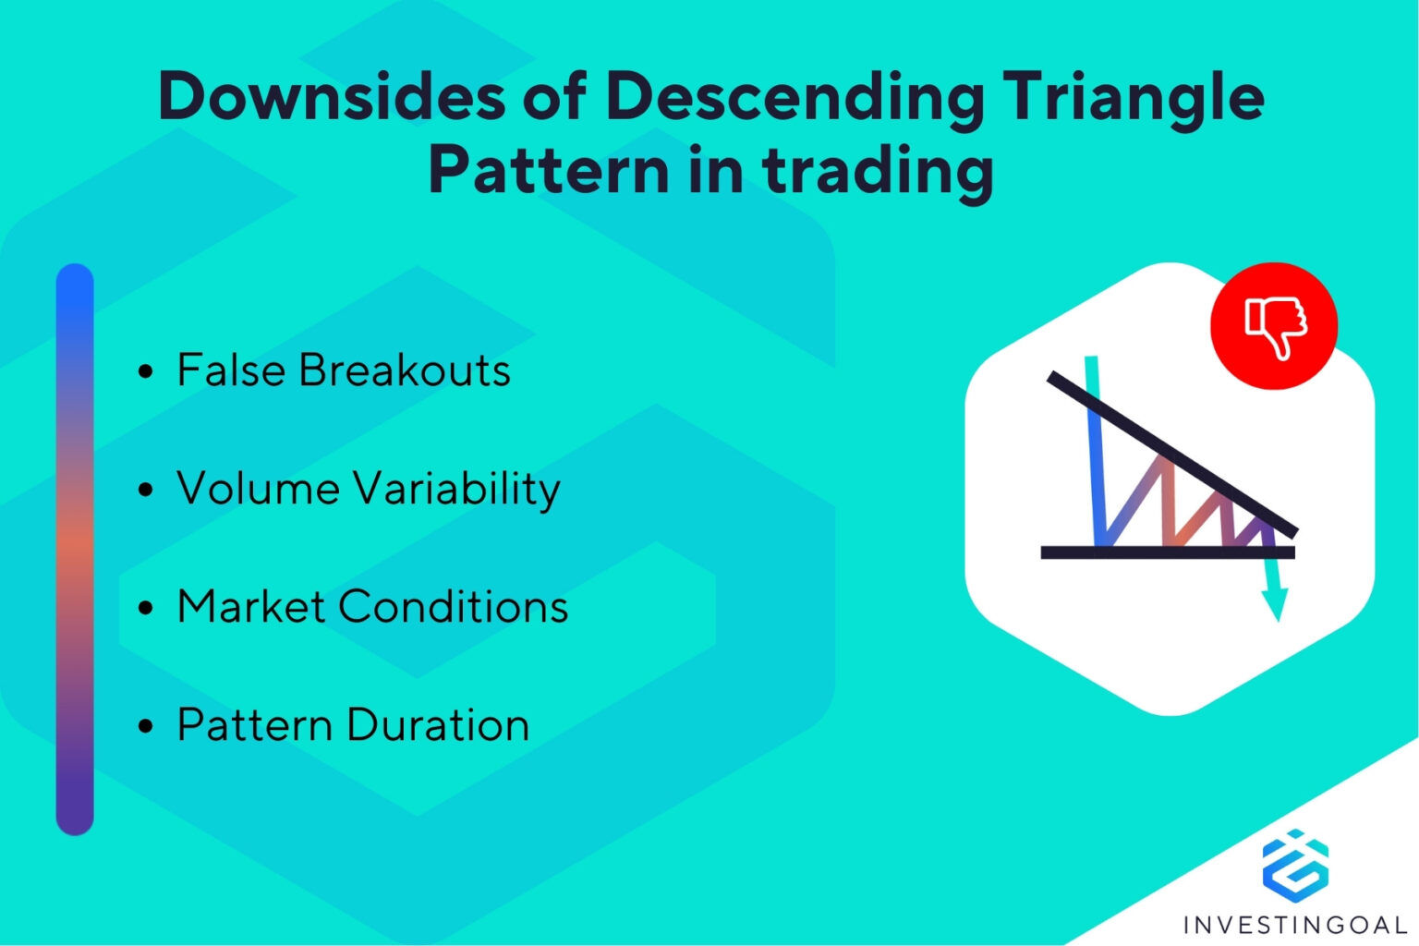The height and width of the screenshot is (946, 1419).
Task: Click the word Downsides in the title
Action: point(331,96)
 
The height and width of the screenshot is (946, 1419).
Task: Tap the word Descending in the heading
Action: point(795,98)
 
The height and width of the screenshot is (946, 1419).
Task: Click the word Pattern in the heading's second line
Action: point(549,170)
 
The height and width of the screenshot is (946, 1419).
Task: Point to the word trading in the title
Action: point(878,172)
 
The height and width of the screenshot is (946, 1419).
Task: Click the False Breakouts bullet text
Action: point(343,370)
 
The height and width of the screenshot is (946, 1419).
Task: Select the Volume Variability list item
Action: point(368,489)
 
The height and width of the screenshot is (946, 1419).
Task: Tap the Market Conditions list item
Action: point(371,607)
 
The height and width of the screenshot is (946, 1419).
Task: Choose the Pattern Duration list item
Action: point(352,725)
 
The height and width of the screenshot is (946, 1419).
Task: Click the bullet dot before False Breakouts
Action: point(145,372)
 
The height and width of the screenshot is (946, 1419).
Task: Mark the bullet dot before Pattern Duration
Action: point(145,727)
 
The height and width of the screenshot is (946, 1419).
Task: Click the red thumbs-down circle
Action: point(1274,325)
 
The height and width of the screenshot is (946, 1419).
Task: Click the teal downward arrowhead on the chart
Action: point(1275,605)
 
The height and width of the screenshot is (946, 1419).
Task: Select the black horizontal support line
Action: point(1168,552)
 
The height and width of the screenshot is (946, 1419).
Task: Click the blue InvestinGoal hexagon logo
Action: point(1295,865)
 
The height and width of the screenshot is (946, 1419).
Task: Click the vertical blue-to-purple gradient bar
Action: point(75,550)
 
